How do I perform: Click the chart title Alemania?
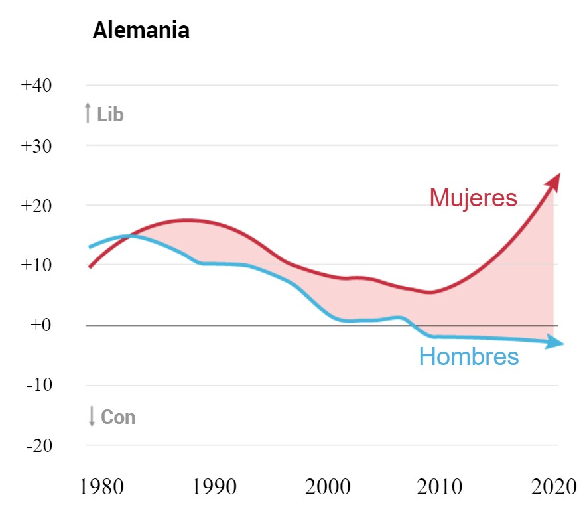[141, 31]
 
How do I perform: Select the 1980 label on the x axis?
[100, 487]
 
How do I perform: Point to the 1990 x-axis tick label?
[214, 487]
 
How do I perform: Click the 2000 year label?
[328, 487]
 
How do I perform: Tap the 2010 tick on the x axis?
[440, 487]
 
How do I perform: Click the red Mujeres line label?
[472, 198]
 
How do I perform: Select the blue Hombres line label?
[468, 357]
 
